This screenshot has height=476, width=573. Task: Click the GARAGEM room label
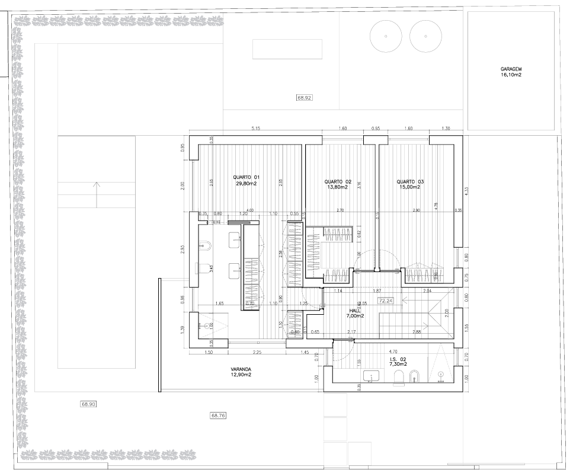[510, 72]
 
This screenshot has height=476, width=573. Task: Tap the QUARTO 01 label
[246, 181]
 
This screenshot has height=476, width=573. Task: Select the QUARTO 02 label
[338, 184]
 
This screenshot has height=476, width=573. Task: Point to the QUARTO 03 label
[410, 184]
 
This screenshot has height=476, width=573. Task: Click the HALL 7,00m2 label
[355, 313]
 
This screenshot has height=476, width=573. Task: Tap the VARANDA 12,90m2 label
[241, 372]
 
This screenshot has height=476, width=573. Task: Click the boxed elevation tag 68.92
[304, 97]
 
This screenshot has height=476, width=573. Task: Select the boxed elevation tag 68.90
[88, 404]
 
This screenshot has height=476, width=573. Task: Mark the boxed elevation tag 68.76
[218, 416]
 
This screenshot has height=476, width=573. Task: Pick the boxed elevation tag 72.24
[386, 301]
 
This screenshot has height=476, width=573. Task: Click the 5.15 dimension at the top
[256, 128]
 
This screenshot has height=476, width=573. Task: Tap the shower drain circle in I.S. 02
[441, 374]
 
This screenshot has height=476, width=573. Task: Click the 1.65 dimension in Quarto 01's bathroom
[219, 304]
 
